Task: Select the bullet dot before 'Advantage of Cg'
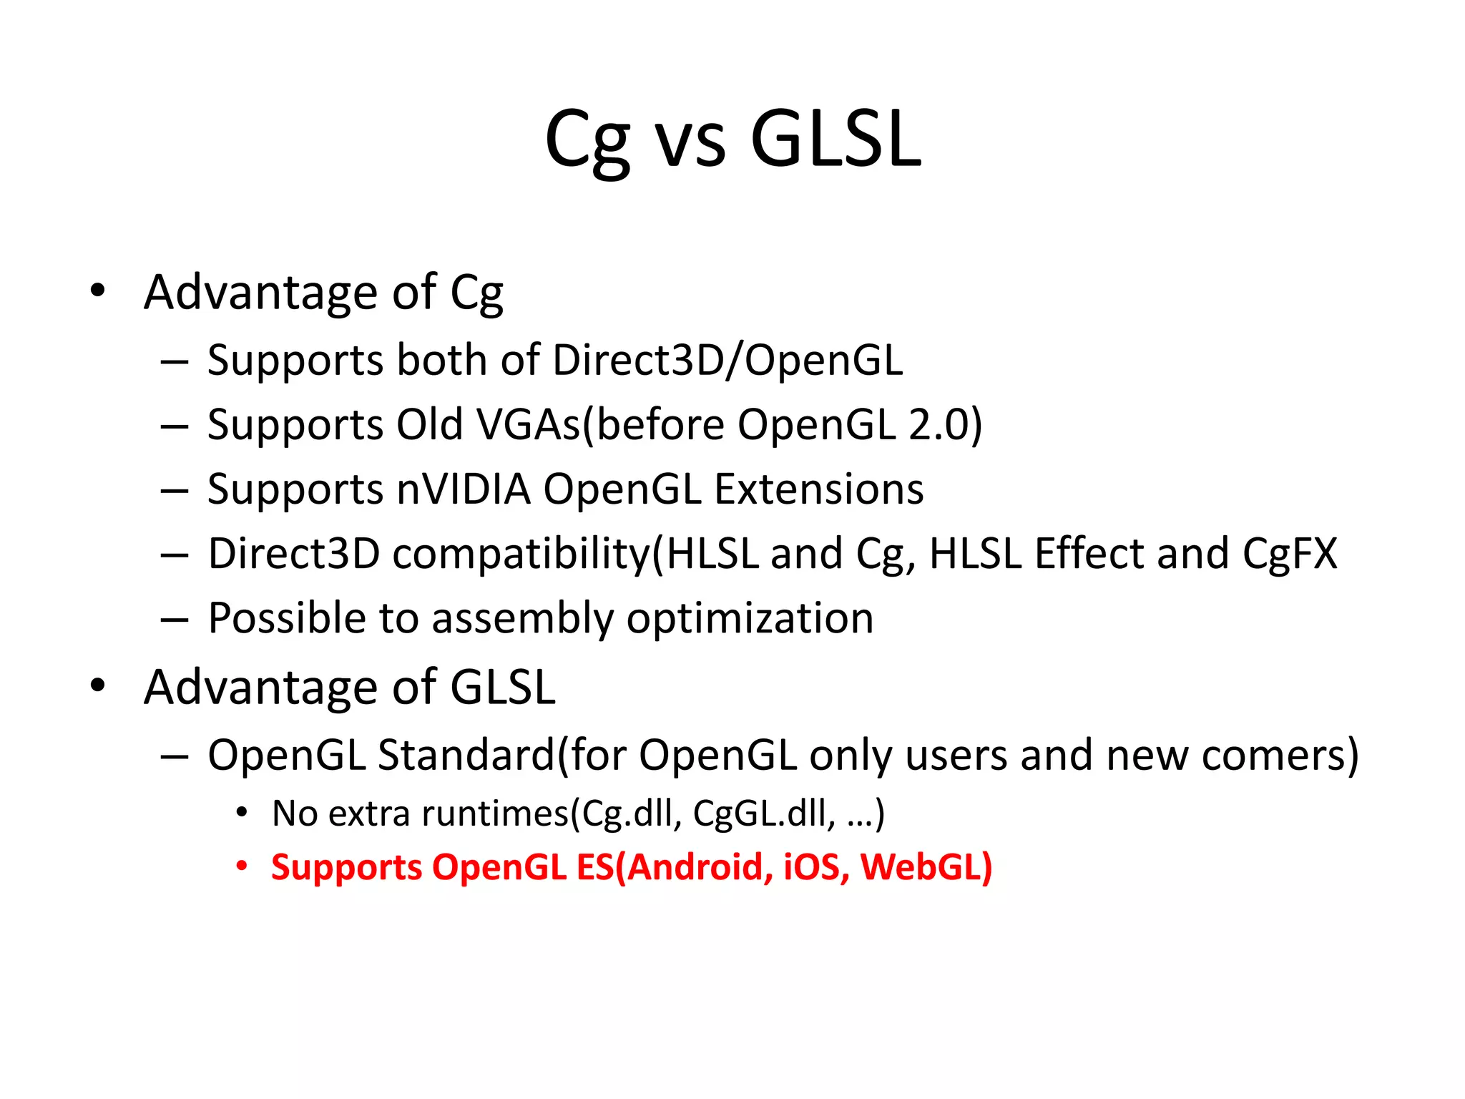(x=98, y=290)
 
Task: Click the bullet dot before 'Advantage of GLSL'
(x=98, y=685)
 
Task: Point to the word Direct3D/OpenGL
(x=727, y=359)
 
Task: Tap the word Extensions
(x=819, y=489)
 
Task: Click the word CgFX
(x=1290, y=553)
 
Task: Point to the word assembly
(x=522, y=619)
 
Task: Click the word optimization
(x=750, y=619)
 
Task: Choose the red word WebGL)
(x=926, y=866)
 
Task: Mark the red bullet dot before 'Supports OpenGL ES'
(x=242, y=866)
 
